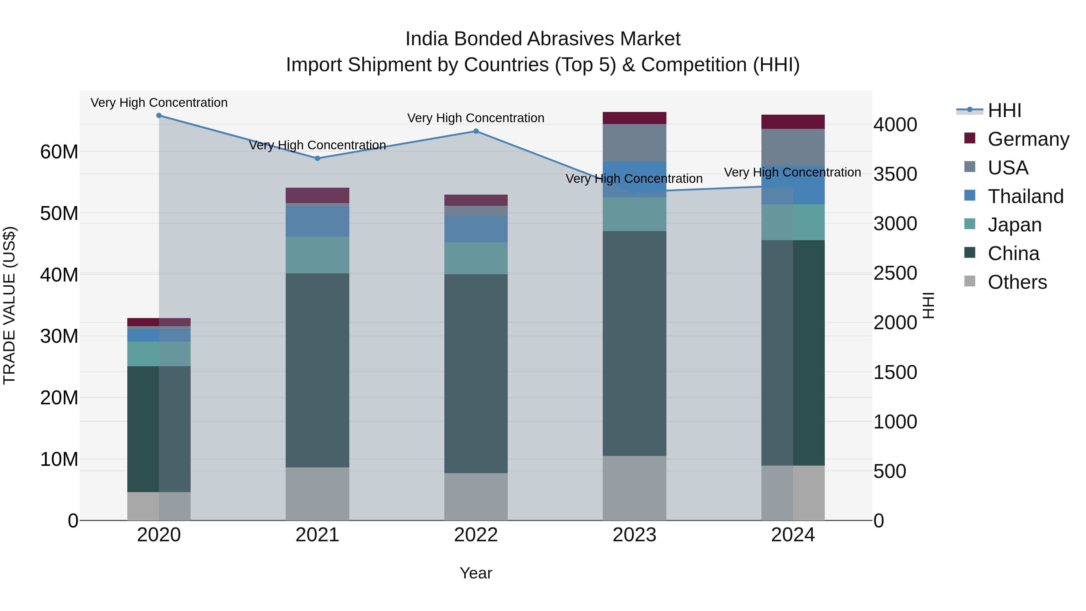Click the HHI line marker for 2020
pyautogui.click(x=159, y=116)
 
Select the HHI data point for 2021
pyautogui.click(x=317, y=158)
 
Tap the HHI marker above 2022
pyautogui.click(x=476, y=131)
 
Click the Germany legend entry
pyautogui.click(x=1028, y=139)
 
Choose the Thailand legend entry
pyautogui.click(x=1025, y=196)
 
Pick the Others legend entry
pyautogui.click(x=1017, y=282)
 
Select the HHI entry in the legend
pyautogui.click(x=1004, y=110)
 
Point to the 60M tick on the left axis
pyautogui.click(x=59, y=152)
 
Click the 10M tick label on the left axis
pyautogui.click(x=59, y=459)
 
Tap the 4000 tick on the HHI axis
pyautogui.click(x=895, y=125)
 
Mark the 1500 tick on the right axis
pyautogui.click(x=895, y=372)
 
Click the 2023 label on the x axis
pyautogui.click(x=634, y=535)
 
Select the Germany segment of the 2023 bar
pyautogui.click(x=634, y=118)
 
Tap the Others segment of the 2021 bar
pyautogui.click(x=317, y=494)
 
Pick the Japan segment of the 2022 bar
pyautogui.click(x=476, y=258)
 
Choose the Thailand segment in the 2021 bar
pyautogui.click(x=317, y=221)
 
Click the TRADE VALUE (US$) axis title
pyautogui.click(x=9, y=305)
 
